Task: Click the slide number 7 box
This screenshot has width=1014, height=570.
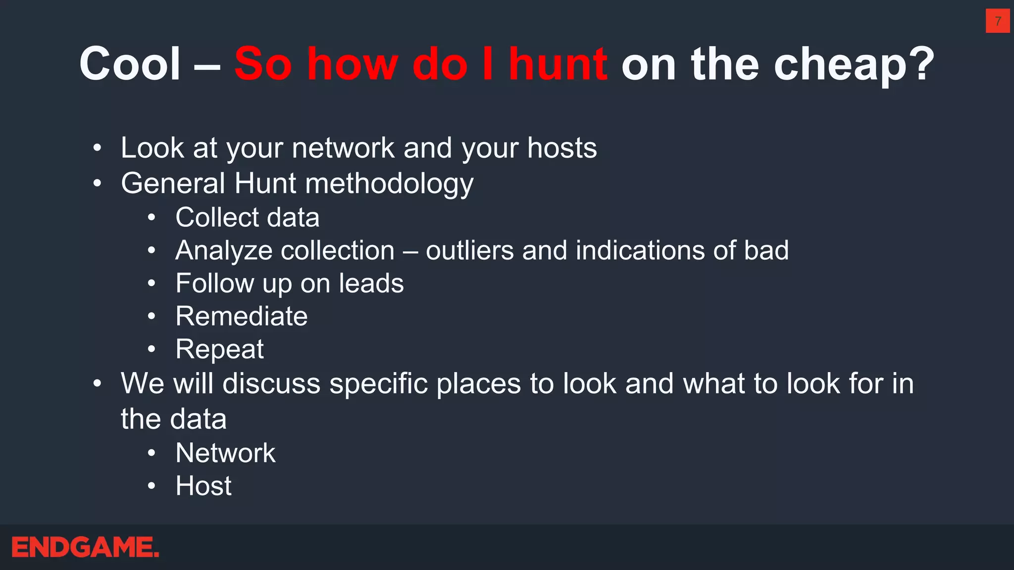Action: (997, 21)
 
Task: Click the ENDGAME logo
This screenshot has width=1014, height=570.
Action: (85, 547)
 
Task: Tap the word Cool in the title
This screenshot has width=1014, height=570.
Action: (130, 64)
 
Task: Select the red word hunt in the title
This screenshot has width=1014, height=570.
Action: (558, 64)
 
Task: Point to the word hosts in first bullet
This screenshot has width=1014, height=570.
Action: (562, 148)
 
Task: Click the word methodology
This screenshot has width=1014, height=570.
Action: (389, 184)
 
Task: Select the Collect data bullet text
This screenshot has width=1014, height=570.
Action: (247, 218)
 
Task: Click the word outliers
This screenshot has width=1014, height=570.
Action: (469, 250)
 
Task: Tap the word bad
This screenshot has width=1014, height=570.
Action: (766, 250)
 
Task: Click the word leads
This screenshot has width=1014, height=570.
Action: (371, 284)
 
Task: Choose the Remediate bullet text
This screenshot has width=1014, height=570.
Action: (241, 316)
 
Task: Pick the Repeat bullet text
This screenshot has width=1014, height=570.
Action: (219, 350)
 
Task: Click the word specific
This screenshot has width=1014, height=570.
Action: (378, 384)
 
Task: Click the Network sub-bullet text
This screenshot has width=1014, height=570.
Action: (225, 453)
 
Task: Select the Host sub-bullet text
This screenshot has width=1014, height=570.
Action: (203, 486)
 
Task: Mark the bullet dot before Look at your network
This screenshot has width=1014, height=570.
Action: (98, 148)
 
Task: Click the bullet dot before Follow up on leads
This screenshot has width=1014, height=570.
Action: (152, 284)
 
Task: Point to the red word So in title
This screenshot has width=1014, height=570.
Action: (263, 64)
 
